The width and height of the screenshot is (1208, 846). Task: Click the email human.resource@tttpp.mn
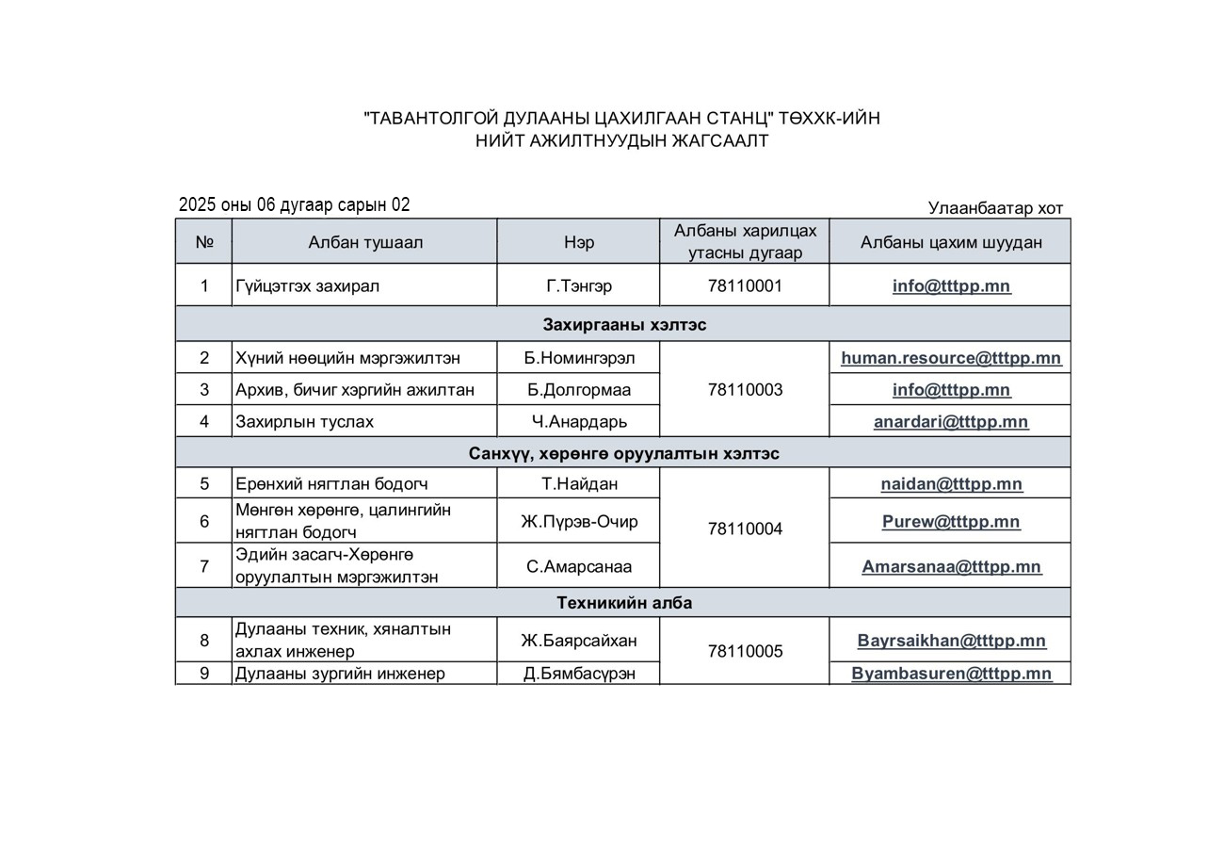pos(951,358)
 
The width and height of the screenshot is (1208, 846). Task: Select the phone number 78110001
pos(745,285)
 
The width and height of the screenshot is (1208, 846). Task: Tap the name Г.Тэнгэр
pos(579,285)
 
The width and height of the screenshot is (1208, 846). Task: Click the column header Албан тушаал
pos(365,242)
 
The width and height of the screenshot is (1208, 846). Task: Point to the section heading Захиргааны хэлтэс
pos(624,325)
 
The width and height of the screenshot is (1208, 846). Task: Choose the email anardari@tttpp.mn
pos(951,422)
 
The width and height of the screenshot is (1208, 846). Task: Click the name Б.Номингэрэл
pos(579,358)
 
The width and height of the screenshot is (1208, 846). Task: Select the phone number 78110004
pos(745,529)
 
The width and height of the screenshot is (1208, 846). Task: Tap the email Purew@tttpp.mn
pos(951,521)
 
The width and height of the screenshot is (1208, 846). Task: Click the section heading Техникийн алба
pos(624,603)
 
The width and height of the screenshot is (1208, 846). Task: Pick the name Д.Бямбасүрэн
pos(579,674)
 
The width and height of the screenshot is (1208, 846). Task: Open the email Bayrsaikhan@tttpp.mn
pos(951,641)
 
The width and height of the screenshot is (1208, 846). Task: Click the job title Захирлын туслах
pos(304,422)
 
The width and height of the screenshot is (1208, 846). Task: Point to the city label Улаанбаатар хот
pos(995,208)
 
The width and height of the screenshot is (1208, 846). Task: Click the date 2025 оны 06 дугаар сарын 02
pos(295,205)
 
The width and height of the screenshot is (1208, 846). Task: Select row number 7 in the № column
pos(204,566)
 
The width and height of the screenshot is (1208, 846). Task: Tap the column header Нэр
pos(579,242)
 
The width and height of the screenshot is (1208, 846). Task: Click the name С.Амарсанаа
pos(579,566)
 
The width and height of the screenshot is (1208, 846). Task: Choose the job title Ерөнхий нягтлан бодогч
pos(331,484)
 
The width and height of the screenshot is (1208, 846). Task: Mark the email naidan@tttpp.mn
pos(951,484)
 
